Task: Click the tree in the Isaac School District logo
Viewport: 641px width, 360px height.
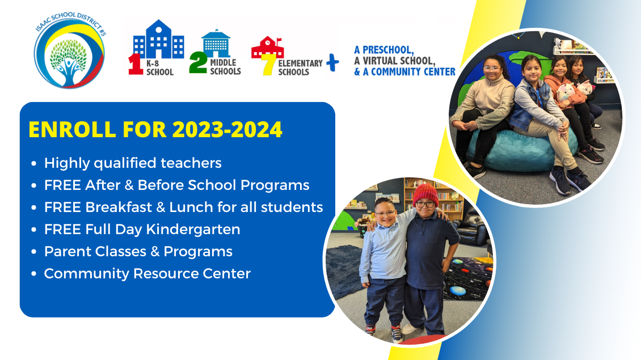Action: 68,60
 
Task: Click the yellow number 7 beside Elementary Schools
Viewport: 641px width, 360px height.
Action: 268,65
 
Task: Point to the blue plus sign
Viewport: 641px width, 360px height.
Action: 333,62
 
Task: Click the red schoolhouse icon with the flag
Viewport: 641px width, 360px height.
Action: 267,47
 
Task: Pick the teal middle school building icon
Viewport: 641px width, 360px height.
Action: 216,43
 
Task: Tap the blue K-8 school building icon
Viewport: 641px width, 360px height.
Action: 159,40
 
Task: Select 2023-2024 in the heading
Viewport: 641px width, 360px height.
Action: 227,129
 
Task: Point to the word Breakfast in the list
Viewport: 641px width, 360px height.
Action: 119,207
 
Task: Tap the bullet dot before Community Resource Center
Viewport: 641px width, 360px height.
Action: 34,274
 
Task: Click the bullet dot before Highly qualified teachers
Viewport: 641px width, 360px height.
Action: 34,163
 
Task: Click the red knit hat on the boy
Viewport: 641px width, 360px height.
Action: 425,193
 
